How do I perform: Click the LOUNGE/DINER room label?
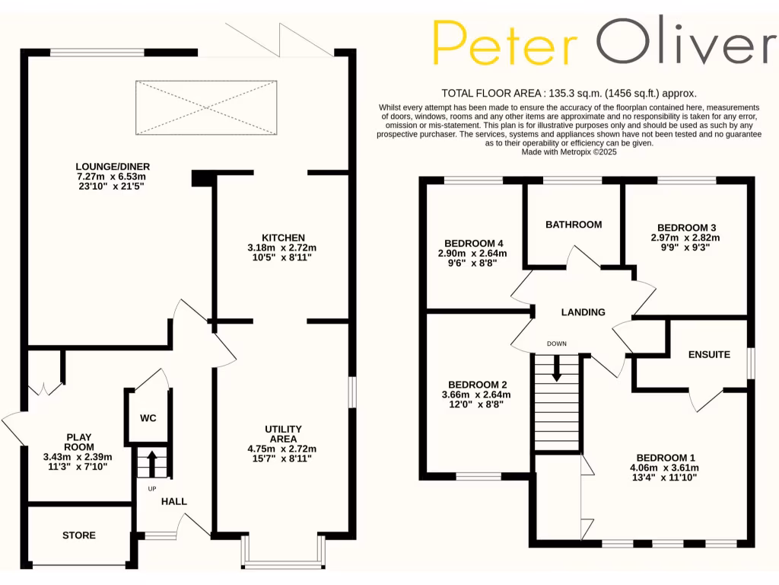pos(112,166)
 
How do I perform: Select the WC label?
pos(148,419)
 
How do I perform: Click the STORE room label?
pos(79,535)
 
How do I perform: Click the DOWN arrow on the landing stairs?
pos(556,369)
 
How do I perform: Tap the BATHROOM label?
pos(574,224)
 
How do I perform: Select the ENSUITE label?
pos(709,354)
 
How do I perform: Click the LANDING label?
pos(583,312)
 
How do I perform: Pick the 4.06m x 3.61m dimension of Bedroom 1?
pos(664,468)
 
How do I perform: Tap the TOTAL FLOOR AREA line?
pos(568,93)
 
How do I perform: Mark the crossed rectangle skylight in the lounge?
pos(205,107)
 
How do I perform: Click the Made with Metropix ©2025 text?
pos(568,152)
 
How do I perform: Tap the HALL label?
pos(173,501)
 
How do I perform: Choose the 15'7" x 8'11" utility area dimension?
pos(284,459)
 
